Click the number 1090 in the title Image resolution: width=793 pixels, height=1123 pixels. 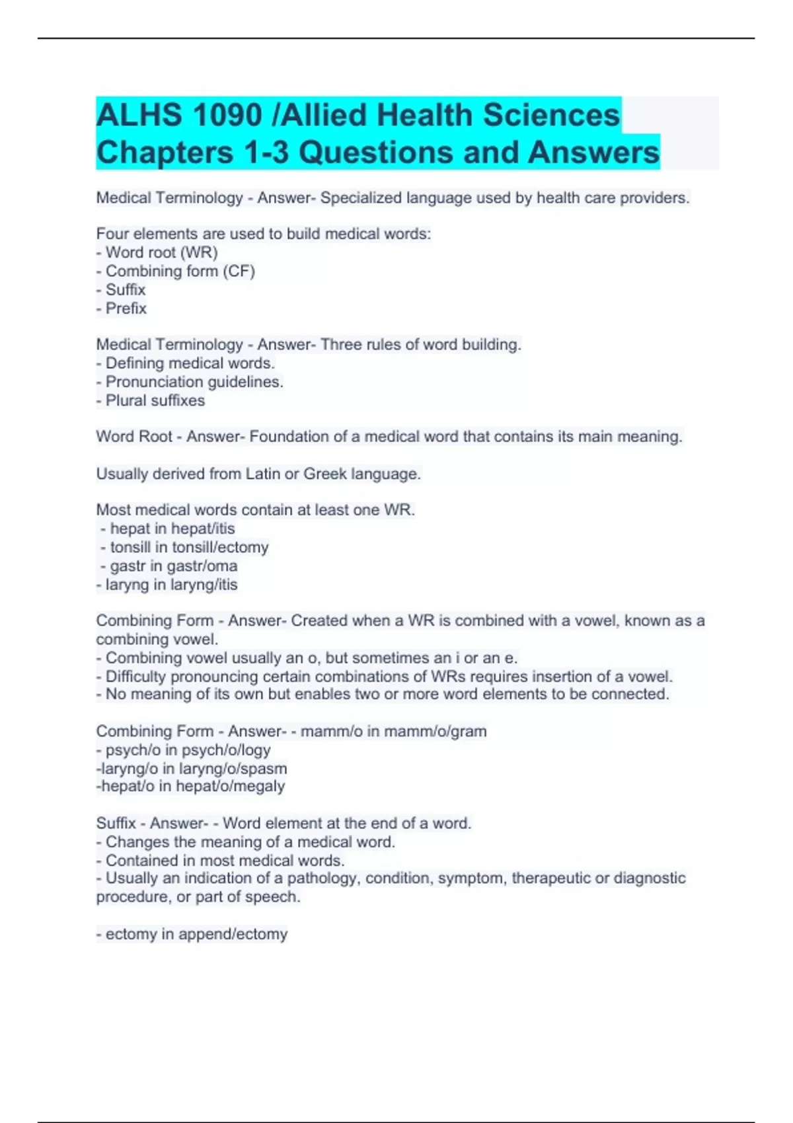pos(225,116)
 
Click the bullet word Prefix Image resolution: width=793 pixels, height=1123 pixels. pos(126,308)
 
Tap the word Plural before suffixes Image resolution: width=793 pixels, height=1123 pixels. pos(128,400)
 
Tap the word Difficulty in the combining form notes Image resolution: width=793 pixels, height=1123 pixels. pos(135,676)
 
